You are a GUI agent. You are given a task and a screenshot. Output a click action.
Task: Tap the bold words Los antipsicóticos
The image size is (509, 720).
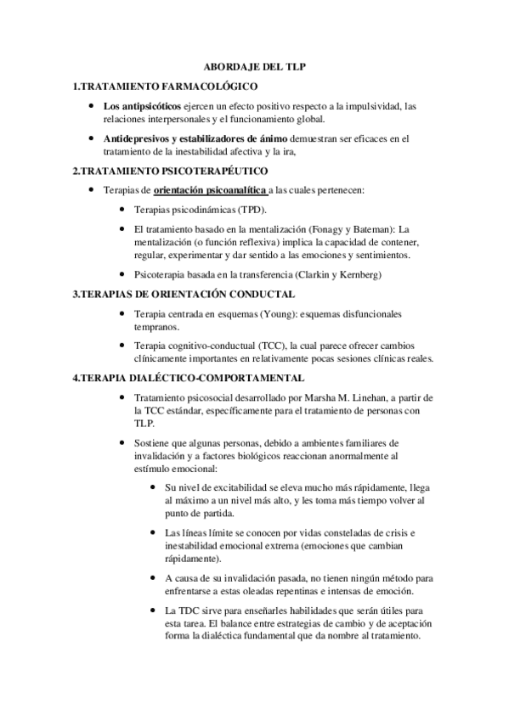pos(141,106)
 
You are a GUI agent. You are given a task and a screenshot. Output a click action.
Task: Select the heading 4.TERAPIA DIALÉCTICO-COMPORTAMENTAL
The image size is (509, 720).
pos(188,377)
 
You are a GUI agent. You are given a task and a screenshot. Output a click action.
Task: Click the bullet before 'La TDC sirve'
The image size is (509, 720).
pos(152,610)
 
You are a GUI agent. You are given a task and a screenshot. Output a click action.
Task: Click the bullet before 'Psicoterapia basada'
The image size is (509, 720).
pos(124,275)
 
